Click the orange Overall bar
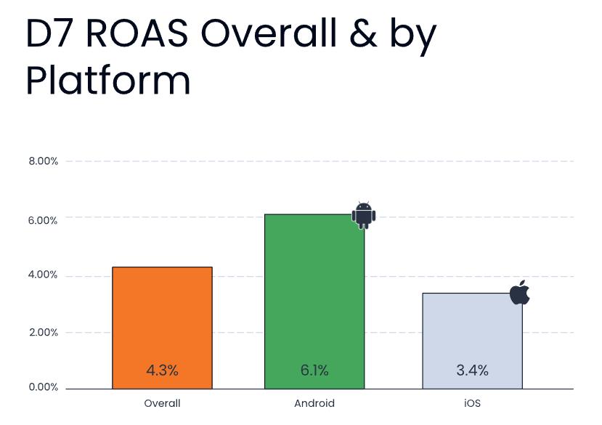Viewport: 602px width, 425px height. [162, 328]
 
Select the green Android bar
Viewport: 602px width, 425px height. [314, 301]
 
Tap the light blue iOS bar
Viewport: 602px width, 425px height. [472, 341]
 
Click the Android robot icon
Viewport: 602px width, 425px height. [364, 215]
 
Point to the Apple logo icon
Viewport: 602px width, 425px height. [520, 293]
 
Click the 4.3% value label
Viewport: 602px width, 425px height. [162, 371]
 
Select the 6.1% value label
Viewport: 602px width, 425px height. [314, 371]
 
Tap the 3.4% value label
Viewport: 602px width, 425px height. [472, 371]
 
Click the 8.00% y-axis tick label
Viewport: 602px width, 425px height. [43, 161]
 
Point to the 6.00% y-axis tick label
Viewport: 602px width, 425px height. [43, 221]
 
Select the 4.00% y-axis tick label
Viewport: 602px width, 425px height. [43, 275]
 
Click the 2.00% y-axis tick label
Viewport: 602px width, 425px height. [43, 333]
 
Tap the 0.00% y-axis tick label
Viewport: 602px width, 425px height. [43, 387]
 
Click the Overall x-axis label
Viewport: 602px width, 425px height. [162, 403]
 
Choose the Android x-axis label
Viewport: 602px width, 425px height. [314, 403]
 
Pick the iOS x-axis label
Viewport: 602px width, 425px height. [472, 403]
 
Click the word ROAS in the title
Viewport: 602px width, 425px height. [137, 33]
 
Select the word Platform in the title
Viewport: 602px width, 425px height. [108, 81]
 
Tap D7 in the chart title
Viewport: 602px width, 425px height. [52, 33]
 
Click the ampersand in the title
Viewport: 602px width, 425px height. [363, 33]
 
